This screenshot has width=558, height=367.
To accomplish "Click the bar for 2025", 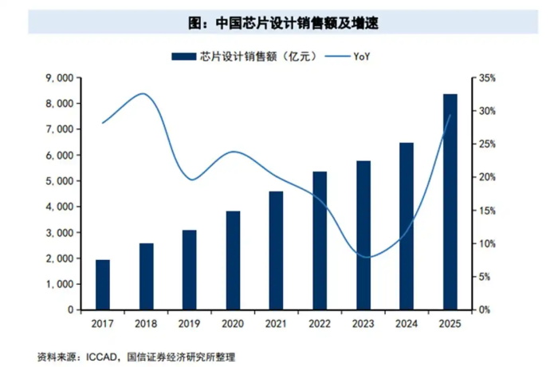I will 450,202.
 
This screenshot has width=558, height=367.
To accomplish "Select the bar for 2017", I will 103,285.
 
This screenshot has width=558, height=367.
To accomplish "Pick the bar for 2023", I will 363,235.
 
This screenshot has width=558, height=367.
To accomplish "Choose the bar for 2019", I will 190,270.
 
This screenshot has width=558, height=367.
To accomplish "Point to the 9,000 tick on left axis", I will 58,78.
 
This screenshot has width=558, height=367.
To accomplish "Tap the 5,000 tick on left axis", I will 58,181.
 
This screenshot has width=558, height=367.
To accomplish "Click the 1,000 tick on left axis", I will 58,284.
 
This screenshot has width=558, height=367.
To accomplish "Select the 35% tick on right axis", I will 487,78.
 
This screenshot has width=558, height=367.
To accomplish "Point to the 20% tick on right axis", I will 487,177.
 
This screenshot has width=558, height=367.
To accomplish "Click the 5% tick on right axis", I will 485,277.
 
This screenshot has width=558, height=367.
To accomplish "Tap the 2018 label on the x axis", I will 146,323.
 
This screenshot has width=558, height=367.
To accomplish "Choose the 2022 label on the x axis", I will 320,323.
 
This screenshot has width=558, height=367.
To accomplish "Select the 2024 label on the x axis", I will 407,323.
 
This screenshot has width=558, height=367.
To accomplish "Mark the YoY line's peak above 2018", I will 143,93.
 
